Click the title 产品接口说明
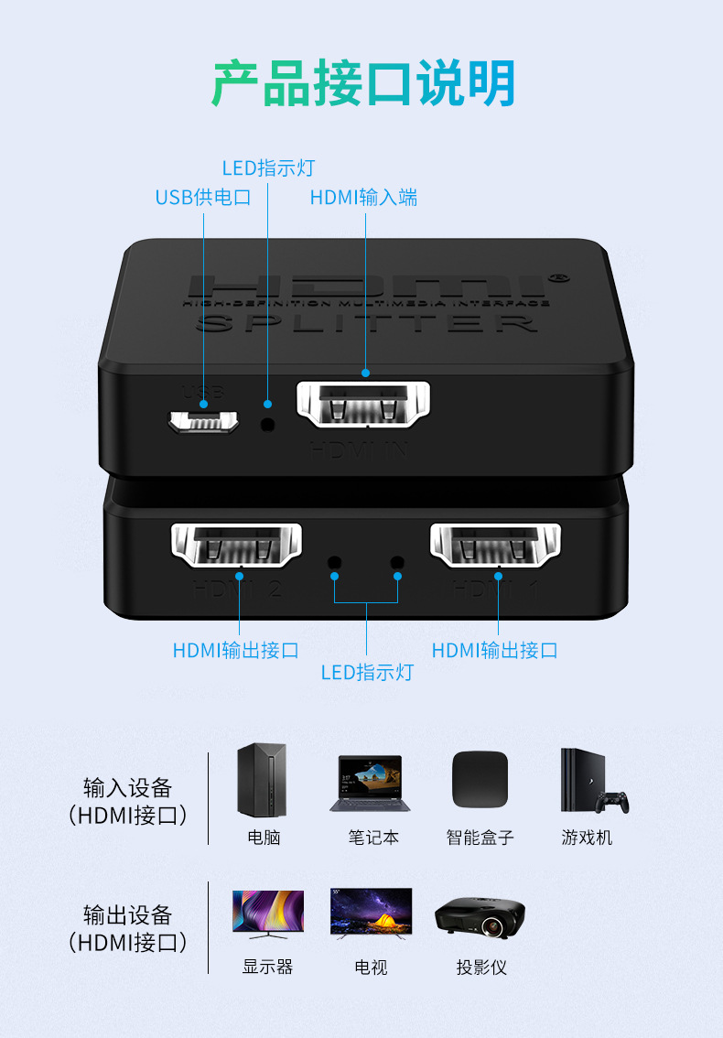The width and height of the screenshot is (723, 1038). (363, 84)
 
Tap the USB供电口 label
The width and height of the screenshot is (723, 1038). (202, 198)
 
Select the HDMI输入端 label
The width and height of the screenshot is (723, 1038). (363, 198)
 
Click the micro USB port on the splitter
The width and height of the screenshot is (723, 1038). (202, 422)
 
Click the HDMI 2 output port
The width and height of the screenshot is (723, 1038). (236, 546)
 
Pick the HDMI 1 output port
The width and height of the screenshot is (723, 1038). (495, 546)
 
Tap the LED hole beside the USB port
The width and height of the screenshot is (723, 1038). (267, 424)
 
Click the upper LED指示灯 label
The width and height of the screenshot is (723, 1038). (268, 168)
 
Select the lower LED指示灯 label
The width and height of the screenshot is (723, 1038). (366, 673)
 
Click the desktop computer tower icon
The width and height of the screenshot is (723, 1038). (262, 780)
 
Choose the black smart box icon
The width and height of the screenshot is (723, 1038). (480, 779)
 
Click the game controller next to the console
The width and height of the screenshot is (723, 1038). (612, 803)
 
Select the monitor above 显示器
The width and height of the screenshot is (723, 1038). (267, 914)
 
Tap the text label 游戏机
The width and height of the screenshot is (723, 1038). (587, 838)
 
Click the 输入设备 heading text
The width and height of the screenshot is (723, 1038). (127, 788)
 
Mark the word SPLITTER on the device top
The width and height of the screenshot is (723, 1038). (366, 323)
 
